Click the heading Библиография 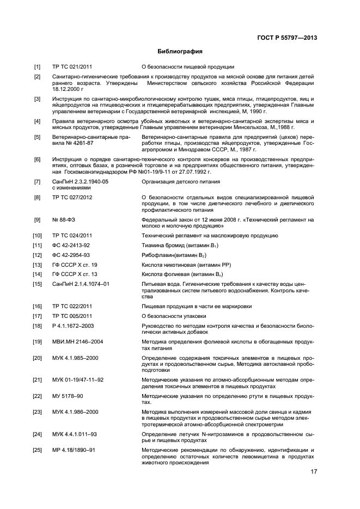pos(180,52)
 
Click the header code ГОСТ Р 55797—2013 pos(286,38)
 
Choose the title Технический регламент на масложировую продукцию pos(210,235)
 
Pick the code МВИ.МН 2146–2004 pos(77,341)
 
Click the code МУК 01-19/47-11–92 pos(78,379)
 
